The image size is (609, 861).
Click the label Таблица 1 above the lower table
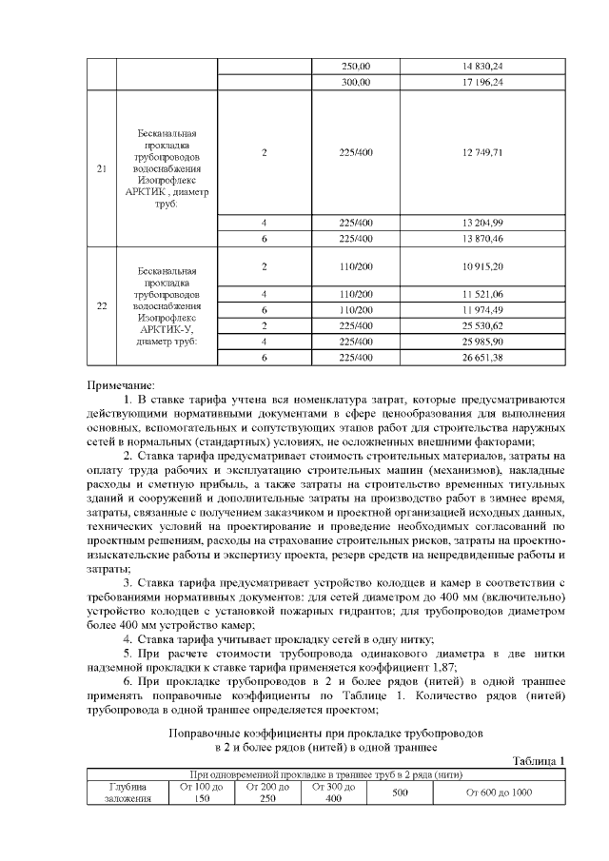pos(539,760)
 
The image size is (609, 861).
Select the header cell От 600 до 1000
pos(500,793)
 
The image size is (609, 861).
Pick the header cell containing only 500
pos(400,793)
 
